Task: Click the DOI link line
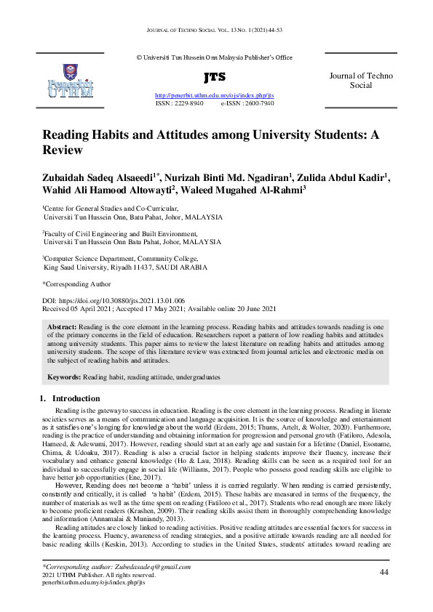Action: [x=113, y=300]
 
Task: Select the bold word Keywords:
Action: [x=63, y=378]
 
